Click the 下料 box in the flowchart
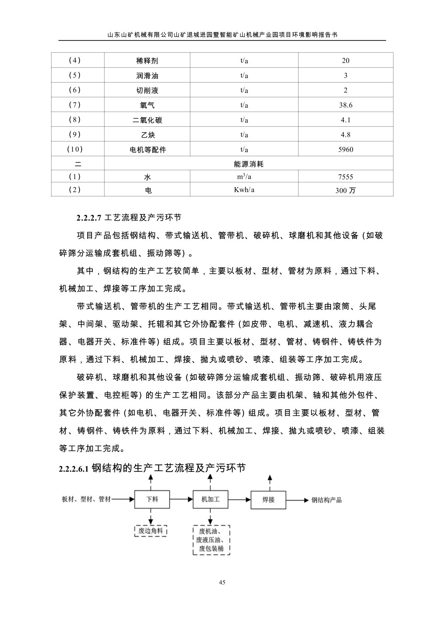click(x=152, y=499)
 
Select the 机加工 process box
click(x=210, y=499)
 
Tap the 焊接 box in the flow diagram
click(x=268, y=500)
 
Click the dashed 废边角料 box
click(x=151, y=531)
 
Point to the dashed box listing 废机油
click(x=211, y=540)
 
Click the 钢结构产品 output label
click(x=326, y=500)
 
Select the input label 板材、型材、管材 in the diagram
click(x=86, y=500)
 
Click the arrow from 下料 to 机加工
click(x=181, y=500)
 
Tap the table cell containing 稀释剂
click(x=147, y=61)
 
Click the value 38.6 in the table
click(x=346, y=105)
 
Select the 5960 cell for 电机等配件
click(x=346, y=149)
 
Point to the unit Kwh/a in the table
click(x=244, y=190)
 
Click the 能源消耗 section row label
click(x=248, y=164)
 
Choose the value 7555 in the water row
click(x=346, y=177)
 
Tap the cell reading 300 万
click(x=346, y=190)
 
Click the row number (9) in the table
click(x=75, y=134)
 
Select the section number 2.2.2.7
click(x=88, y=218)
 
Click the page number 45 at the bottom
click(x=222, y=582)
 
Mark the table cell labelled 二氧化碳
click(x=147, y=120)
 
